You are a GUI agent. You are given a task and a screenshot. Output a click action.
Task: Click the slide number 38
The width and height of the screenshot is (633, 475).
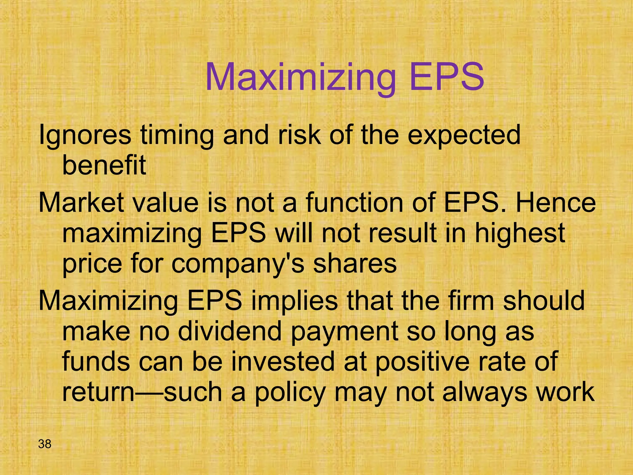click(45, 444)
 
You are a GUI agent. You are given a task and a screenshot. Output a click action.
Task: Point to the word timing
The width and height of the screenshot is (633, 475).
click(177, 136)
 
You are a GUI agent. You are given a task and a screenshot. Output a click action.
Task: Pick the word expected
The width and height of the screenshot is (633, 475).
click(464, 136)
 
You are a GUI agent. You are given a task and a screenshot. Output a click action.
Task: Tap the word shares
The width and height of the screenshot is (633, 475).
click(355, 264)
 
